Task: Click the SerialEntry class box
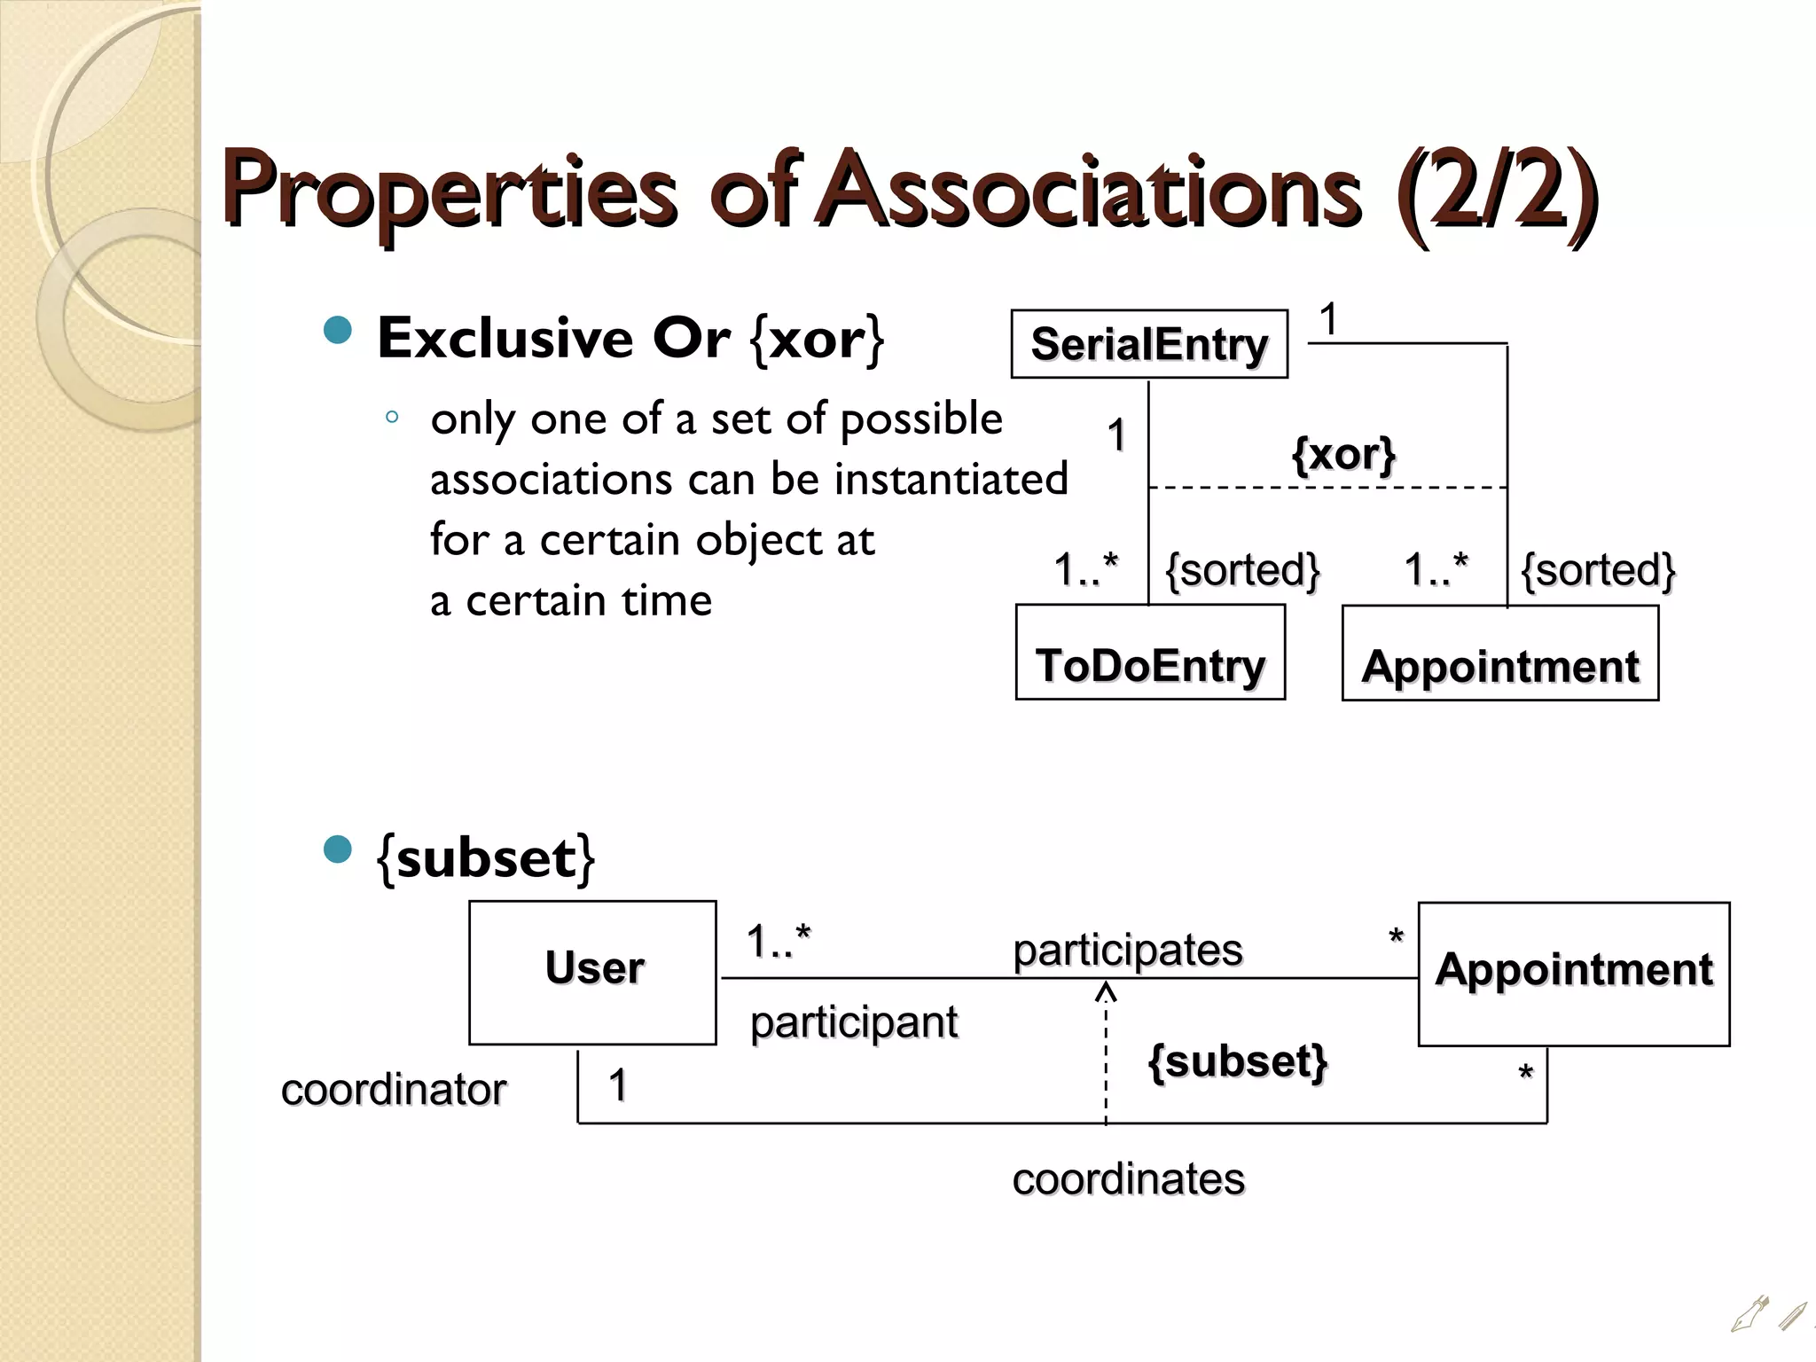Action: coord(1149,344)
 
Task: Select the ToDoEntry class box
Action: coord(1150,654)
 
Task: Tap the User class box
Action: coord(592,972)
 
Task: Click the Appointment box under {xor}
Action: coord(1500,654)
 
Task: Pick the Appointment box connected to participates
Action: coord(1574,974)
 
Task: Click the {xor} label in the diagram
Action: coord(1343,455)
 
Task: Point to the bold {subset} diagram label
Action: coord(1238,1061)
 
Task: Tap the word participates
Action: coord(1128,950)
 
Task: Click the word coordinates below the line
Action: coord(1129,1179)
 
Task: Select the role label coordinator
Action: coord(394,1089)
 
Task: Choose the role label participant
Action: coord(854,1022)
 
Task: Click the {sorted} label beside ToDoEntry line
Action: coord(1242,569)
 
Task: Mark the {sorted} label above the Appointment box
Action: coord(1598,569)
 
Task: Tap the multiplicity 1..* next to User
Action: coord(779,941)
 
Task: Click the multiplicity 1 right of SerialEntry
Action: coord(1328,319)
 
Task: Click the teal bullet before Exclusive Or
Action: coord(338,331)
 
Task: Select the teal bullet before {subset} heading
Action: coord(338,849)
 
